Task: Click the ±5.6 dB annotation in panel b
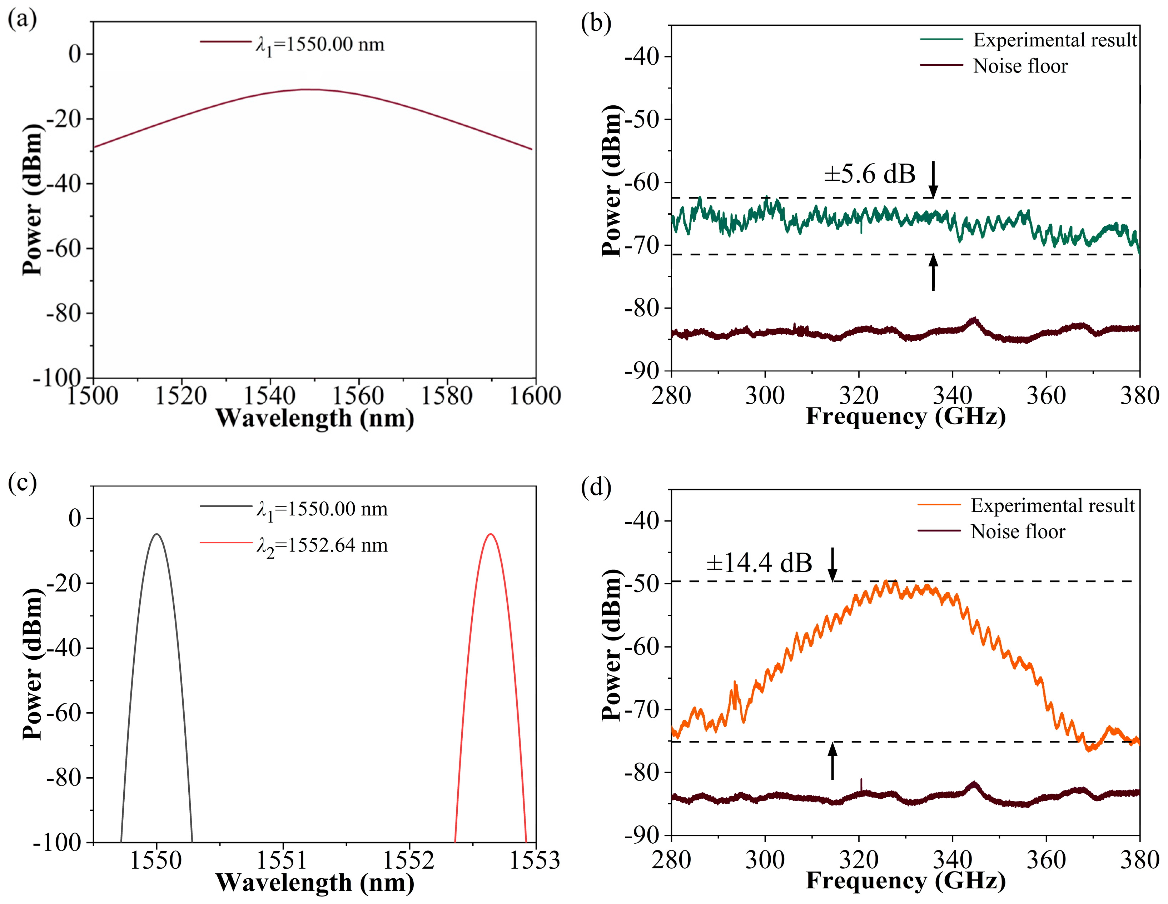point(870,174)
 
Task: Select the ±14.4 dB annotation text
point(759,563)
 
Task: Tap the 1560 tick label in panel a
point(358,396)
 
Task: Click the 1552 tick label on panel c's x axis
point(409,861)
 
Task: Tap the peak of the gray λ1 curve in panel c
point(157,534)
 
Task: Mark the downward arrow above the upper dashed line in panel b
point(933,180)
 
